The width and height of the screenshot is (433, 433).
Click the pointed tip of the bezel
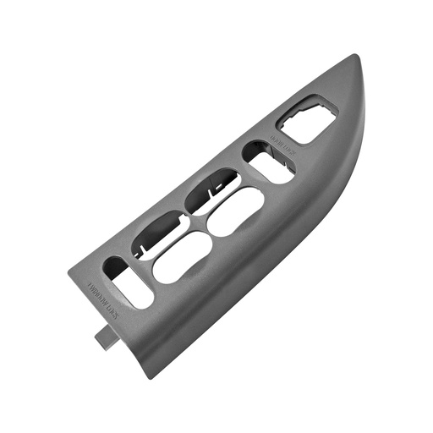[x=353, y=58]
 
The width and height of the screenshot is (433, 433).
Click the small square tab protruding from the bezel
[x=106, y=337]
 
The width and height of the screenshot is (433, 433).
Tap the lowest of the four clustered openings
[x=182, y=256]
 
